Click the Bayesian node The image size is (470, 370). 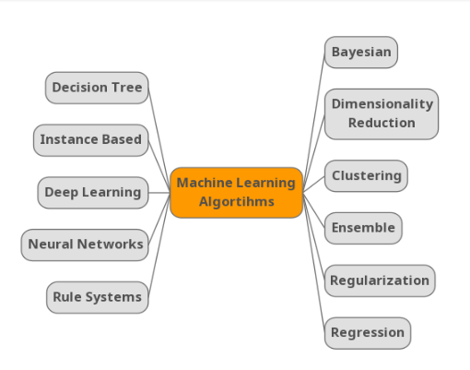(361, 53)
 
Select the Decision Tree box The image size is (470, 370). (97, 88)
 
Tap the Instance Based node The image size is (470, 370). (91, 140)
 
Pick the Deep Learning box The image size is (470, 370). (93, 193)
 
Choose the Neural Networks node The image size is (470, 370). (85, 245)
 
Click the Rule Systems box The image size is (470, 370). (98, 297)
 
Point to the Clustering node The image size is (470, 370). (366, 176)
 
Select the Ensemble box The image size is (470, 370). (363, 228)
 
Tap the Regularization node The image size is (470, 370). (380, 280)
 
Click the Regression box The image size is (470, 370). (368, 333)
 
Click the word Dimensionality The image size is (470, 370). (382, 104)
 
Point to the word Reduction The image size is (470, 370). (382, 123)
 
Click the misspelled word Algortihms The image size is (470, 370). (237, 202)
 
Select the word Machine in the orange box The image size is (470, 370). (205, 183)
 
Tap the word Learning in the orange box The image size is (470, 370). (265, 184)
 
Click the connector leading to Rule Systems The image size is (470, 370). (159, 246)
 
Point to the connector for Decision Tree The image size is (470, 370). (159, 138)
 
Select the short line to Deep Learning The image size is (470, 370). (159, 193)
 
